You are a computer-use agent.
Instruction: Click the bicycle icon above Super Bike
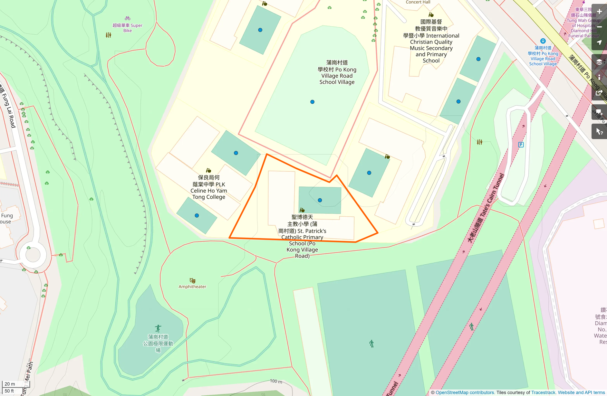[x=128, y=18]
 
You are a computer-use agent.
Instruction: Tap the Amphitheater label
[x=192, y=287]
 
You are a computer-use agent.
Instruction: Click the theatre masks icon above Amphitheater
[x=192, y=280]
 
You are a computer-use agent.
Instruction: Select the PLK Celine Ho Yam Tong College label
[x=209, y=187]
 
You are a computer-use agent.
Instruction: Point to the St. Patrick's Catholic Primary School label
[x=302, y=237]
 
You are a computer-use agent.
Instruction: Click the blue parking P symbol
[x=521, y=145]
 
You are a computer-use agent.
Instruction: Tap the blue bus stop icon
[x=543, y=41]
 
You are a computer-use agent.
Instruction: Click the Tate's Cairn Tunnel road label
[x=486, y=208]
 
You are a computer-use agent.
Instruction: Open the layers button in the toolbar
[x=599, y=62]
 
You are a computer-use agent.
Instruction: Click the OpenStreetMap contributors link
[x=465, y=392]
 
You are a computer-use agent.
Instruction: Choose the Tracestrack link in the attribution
[x=543, y=392]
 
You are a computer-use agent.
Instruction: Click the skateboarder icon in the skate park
[x=158, y=328]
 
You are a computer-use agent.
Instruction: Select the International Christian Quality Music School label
[x=431, y=41]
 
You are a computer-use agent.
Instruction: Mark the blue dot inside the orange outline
[x=320, y=200]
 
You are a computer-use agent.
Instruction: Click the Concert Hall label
[x=418, y=2]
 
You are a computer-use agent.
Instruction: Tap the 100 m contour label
[x=276, y=381]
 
